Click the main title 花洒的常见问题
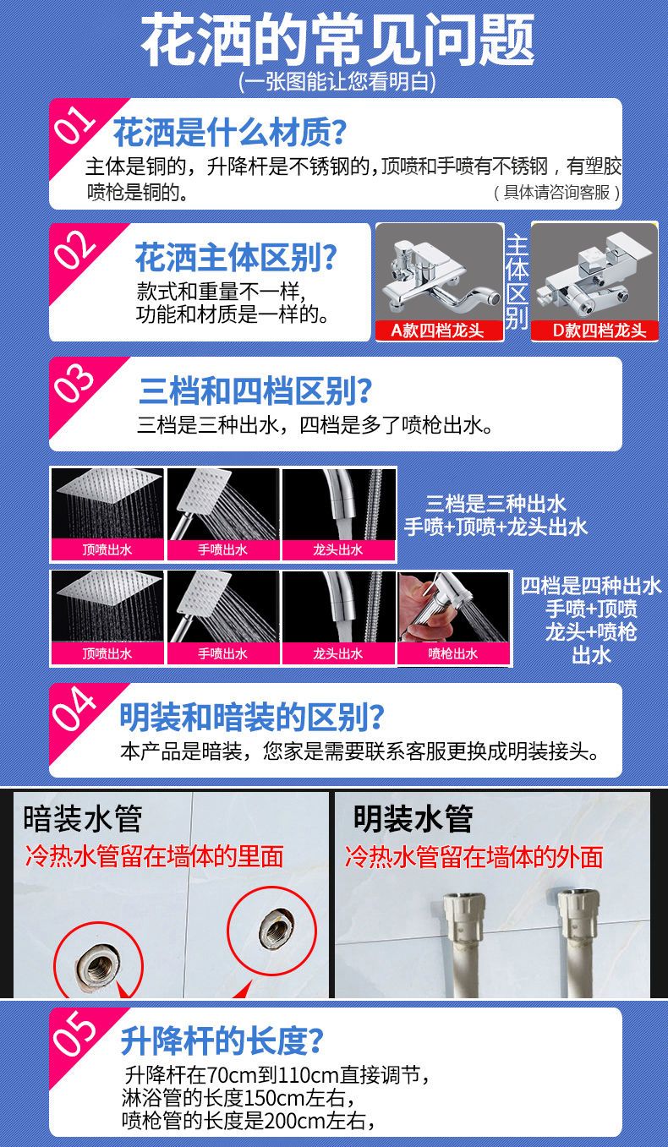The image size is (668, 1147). tap(337, 40)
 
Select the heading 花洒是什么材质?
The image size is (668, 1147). tap(229, 132)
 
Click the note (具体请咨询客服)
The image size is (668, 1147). tap(557, 193)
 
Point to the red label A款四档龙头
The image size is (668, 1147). tap(439, 330)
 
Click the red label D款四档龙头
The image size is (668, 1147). tap(594, 330)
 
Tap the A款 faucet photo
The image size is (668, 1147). tap(440, 274)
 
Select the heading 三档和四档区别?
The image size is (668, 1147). tap(255, 391)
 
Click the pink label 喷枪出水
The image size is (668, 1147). tap(453, 653)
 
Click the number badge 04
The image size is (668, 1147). tap(74, 708)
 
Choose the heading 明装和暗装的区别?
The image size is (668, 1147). tap(252, 717)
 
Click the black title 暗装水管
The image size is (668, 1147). tap(83, 819)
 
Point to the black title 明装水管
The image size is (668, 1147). tap(413, 819)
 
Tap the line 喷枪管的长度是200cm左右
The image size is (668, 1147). tap(248, 1120)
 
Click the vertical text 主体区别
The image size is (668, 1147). tap(517, 281)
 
